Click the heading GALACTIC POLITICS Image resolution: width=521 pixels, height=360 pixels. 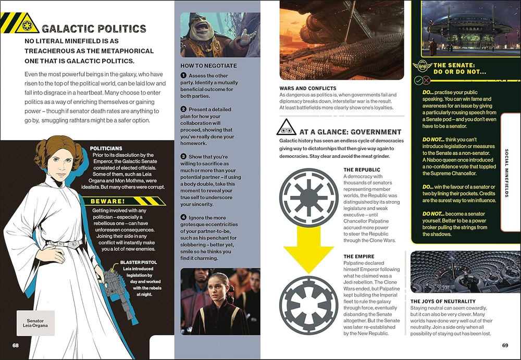(94, 29)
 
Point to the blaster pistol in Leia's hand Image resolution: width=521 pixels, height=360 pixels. (111, 279)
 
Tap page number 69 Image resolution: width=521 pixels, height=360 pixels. (505, 345)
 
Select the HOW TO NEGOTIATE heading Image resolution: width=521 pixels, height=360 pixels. (208, 66)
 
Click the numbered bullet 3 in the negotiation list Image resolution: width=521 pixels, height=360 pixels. (183, 156)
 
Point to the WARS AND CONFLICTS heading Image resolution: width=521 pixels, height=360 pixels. (308, 89)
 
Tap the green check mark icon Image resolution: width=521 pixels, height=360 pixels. (418, 81)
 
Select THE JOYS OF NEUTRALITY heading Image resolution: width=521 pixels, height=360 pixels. (443, 301)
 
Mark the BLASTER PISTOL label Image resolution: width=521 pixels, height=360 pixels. (138, 263)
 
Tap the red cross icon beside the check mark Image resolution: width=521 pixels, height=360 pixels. (427, 81)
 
